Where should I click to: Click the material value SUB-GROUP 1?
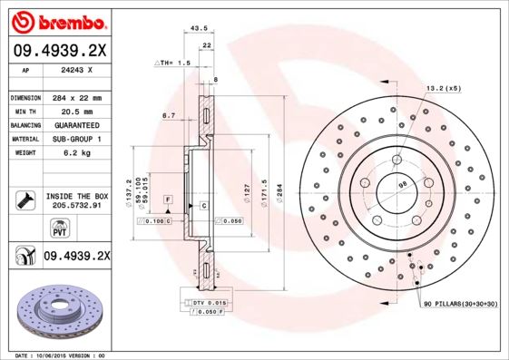(75, 139)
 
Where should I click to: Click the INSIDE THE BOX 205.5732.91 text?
(75, 201)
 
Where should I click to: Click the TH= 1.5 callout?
(173, 63)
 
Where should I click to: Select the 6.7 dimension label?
(168, 115)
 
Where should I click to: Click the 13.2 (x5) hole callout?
(444, 88)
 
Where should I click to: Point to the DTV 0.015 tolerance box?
(208, 301)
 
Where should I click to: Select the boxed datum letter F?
(168, 198)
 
